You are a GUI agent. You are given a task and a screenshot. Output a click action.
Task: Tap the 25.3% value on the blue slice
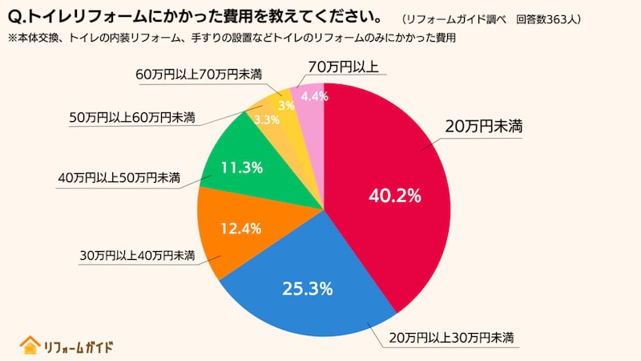tap(307, 289)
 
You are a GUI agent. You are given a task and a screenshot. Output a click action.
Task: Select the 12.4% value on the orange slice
tap(240, 229)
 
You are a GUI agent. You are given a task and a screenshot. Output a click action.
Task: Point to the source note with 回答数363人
tap(492, 18)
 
